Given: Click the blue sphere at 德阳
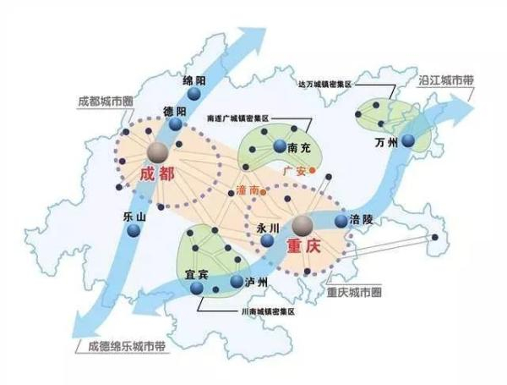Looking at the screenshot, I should [x=176, y=124].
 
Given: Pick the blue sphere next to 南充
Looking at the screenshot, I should [x=280, y=147].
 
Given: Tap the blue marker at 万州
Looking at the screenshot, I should [x=409, y=140].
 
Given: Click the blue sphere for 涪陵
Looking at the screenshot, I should [x=341, y=221].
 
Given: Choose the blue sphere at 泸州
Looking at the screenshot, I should [x=237, y=280].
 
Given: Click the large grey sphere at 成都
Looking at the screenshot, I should [x=157, y=151].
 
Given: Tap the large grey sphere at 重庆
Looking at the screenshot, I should [x=303, y=224].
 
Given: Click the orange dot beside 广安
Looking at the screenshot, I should [x=311, y=170].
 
